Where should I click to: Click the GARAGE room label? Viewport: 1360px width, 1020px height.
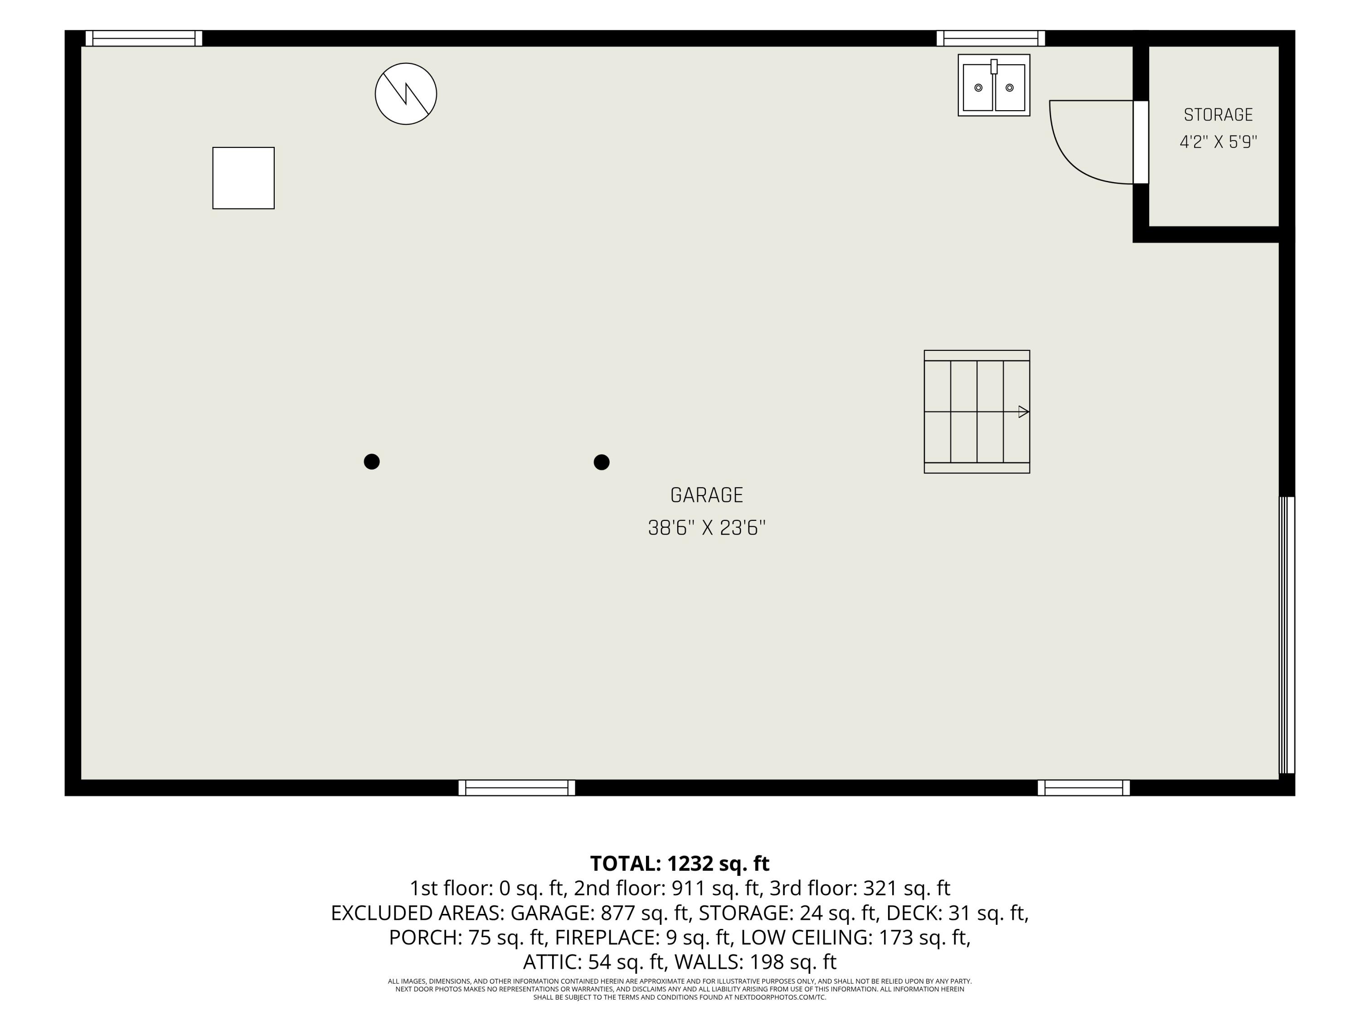706,495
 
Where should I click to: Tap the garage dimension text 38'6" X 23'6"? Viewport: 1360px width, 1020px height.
706,528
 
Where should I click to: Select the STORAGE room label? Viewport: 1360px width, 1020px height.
1218,115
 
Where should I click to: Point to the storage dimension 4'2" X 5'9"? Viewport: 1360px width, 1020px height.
1218,142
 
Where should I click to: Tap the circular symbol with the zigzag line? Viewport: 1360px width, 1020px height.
406,93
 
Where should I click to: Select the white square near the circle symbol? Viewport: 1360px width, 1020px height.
243,178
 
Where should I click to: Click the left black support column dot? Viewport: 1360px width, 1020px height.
371,462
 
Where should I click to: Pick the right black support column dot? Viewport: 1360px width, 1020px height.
601,462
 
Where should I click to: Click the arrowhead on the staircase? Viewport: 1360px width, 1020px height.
1024,412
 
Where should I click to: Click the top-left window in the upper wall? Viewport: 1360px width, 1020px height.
144,38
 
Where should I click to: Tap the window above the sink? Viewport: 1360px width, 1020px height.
991,38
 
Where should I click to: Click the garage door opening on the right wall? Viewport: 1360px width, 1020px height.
1287,635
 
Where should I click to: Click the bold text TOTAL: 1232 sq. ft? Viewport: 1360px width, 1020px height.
680,864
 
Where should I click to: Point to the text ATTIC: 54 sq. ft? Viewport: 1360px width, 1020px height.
595,962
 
